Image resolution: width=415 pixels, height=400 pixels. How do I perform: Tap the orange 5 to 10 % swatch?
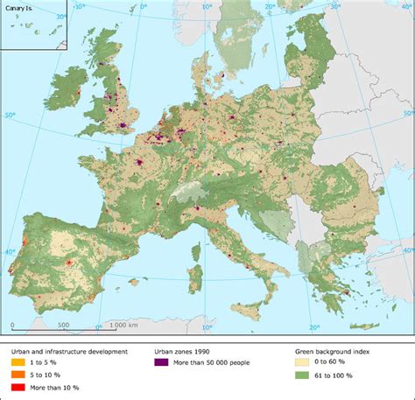pyautogui.click(x=18, y=375)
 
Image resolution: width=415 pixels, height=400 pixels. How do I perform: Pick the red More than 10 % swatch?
pyautogui.click(x=18, y=387)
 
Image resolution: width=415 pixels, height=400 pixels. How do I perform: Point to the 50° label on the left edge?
pyautogui.click(x=10, y=114)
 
